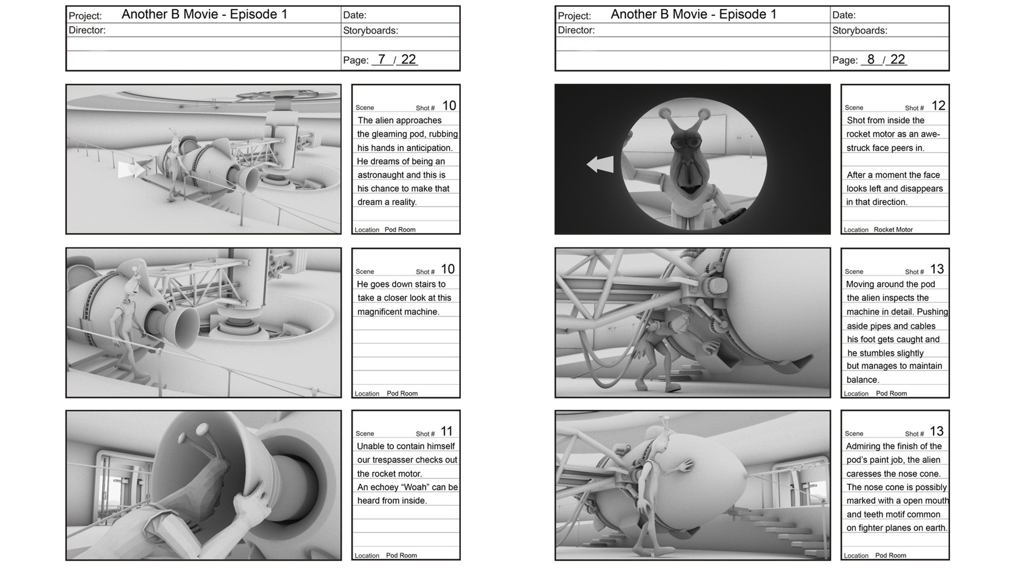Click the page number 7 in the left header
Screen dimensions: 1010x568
[x=381, y=59]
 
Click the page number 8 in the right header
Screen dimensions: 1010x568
[x=871, y=59]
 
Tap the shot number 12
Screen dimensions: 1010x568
[x=938, y=106]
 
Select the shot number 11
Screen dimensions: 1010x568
[x=447, y=432]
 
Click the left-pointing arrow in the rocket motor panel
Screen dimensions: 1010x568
[x=600, y=164]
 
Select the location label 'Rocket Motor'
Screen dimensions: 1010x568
[x=893, y=229]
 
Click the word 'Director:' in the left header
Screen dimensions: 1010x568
[x=87, y=30]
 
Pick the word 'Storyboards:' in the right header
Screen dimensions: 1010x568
[x=860, y=31]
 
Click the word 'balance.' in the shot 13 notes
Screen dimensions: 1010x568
[x=863, y=380]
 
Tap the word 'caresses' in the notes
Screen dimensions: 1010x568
[x=864, y=474]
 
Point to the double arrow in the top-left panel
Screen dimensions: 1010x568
[x=131, y=169]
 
